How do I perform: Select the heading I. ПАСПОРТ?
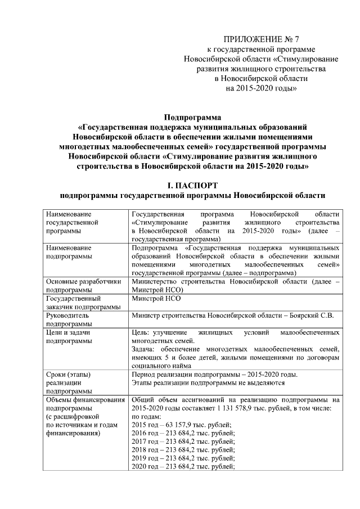192,186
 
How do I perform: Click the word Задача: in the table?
145,350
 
